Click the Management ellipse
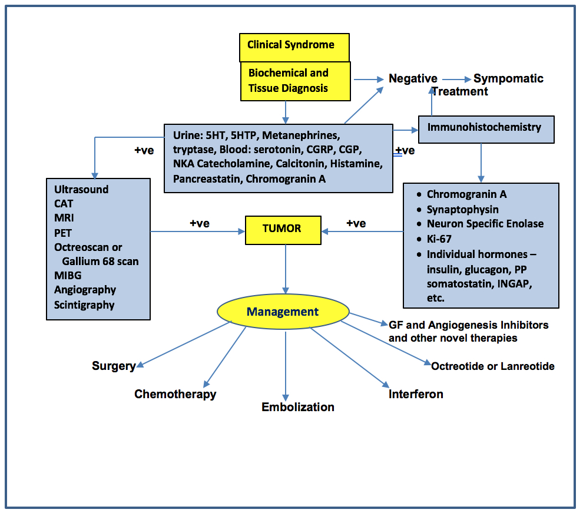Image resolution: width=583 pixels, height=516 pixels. coord(283,312)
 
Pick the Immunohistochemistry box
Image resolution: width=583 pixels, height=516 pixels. coord(486,128)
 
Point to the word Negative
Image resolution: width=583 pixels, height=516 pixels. coord(413,78)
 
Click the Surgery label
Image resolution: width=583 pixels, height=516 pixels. coord(113,366)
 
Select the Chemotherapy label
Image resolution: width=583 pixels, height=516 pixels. coord(175,394)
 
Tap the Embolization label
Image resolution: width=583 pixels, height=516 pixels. coord(298,407)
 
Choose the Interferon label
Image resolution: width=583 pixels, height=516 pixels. coord(416,394)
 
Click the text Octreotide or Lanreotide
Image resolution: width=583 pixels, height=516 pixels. coord(492,366)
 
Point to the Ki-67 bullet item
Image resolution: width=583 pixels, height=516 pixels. coord(439,239)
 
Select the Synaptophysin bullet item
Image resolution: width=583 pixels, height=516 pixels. coord(462,209)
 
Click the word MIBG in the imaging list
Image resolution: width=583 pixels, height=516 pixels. coord(68,275)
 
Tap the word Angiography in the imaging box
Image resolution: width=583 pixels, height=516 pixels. coord(85,290)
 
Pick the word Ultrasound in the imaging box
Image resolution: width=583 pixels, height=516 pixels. coord(81,190)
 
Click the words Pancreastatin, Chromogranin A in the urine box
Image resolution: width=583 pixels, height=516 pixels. coord(249,178)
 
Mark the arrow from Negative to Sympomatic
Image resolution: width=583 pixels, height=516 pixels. coord(456,78)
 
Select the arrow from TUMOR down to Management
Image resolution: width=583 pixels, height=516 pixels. coord(286,268)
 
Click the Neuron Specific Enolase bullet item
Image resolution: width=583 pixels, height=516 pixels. coord(485,224)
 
